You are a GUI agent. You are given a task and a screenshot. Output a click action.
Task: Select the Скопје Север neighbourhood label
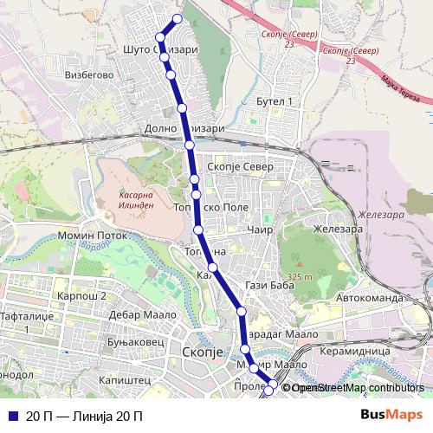click(243, 166)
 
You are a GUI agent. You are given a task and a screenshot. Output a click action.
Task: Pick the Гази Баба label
click(265, 285)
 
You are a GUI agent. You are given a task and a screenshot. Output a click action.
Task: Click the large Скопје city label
click(204, 352)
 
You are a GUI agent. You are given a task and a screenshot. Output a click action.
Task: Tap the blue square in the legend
click(12, 416)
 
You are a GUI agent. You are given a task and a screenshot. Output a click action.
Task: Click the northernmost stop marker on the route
click(178, 19)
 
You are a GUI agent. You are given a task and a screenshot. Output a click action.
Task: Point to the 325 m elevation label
click(301, 276)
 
